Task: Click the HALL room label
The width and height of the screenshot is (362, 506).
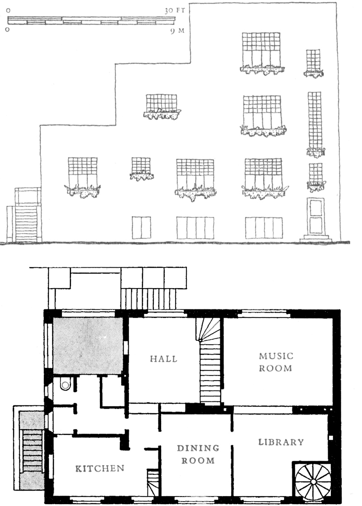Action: tap(163, 359)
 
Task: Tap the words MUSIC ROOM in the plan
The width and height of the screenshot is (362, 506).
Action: tap(276, 362)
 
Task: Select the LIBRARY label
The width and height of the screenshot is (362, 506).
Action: tap(281, 442)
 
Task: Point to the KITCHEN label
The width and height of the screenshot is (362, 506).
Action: tap(100, 468)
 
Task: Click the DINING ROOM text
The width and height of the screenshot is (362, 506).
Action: tap(198, 454)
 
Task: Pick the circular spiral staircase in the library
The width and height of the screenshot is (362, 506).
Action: tap(313, 482)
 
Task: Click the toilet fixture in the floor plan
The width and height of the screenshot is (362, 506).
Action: tap(66, 384)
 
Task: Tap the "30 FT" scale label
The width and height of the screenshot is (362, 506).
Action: tap(174, 11)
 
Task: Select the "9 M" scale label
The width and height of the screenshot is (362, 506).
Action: tap(177, 31)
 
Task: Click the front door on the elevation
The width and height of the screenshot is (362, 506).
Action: tap(315, 216)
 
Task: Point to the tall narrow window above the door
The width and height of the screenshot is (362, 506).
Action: tap(315, 120)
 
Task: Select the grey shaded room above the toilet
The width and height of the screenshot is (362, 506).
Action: tap(88, 346)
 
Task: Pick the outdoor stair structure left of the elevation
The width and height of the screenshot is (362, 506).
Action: tap(24, 215)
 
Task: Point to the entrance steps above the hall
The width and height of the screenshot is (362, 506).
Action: tap(149, 299)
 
